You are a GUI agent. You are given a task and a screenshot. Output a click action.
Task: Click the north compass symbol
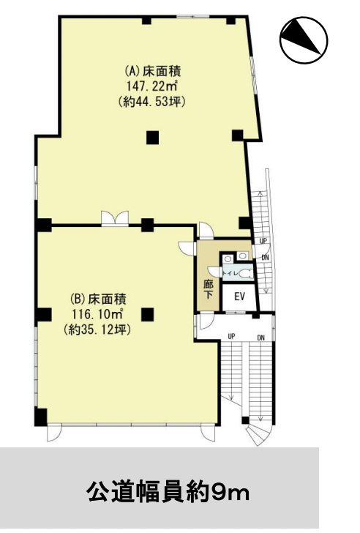pyautogui.click(x=304, y=40)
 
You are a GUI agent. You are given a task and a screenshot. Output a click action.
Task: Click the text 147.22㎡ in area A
pyautogui.click(x=153, y=86)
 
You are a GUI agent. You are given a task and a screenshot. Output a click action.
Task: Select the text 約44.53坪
pyautogui.click(x=153, y=102)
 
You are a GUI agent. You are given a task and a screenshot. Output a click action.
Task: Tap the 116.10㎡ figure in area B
pyautogui.click(x=97, y=314)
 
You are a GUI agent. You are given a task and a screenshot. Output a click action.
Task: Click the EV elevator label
pyautogui.click(x=239, y=297)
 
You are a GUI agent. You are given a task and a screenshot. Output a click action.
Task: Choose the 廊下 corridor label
pyautogui.click(x=209, y=289)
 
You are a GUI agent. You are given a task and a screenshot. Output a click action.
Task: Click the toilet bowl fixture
pyautogui.click(x=244, y=274)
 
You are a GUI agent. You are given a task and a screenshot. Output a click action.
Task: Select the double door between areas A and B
pyautogui.click(x=115, y=218)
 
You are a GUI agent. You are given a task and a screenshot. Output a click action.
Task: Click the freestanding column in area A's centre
pyautogui.click(x=153, y=138)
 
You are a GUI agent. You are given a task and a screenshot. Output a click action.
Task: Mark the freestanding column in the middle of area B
pyautogui.click(x=148, y=314)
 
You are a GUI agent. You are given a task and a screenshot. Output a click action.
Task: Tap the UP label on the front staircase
pyautogui.click(x=232, y=337)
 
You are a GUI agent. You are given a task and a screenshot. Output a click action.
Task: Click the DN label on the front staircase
pyautogui.click(x=260, y=338)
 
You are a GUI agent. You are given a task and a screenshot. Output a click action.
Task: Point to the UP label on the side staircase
pyautogui.click(x=263, y=241)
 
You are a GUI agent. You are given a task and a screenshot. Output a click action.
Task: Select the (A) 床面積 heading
pyautogui.click(x=153, y=71)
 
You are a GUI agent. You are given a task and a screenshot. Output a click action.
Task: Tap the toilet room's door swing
pyautogui.click(x=214, y=271)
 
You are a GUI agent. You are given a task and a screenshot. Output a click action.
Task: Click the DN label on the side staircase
pyautogui.click(x=265, y=258)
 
